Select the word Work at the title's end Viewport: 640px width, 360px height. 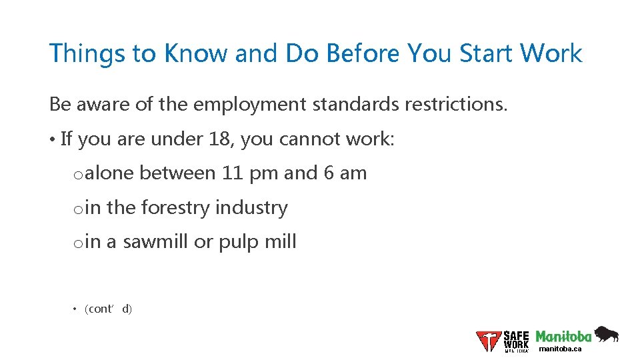click(551, 53)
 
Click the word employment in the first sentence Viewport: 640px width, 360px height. click(231, 105)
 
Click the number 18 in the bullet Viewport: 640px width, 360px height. click(221, 139)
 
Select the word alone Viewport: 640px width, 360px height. click(109, 173)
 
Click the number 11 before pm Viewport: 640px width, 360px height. click(231, 173)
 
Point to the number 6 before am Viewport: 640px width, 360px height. click(329, 173)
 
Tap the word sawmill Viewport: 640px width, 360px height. click(155, 242)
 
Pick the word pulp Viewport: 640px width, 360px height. click(238, 242)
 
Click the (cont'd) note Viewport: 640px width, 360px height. click(109, 309)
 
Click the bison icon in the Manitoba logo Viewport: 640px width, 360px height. click(607, 334)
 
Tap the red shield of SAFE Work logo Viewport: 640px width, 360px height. click(488, 341)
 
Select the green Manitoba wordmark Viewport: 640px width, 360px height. click(563, 336)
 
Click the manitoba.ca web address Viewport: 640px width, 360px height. click(560, 349)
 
